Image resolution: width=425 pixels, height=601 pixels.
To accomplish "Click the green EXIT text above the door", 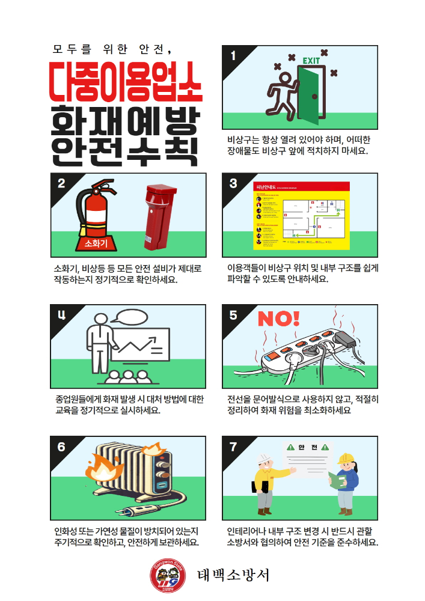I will coord(311,61).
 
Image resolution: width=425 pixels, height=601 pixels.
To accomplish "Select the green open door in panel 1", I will coord(313,95).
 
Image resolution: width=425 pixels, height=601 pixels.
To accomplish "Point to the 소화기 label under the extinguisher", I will coord(96,243).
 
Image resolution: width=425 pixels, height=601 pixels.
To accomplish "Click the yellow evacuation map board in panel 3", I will coord(301,215).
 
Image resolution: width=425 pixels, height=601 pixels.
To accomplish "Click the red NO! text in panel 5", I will coord(278,319).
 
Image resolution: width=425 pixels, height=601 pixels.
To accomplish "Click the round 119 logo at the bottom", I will coord(164,576).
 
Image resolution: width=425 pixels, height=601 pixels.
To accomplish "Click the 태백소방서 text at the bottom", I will coord(233,576).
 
